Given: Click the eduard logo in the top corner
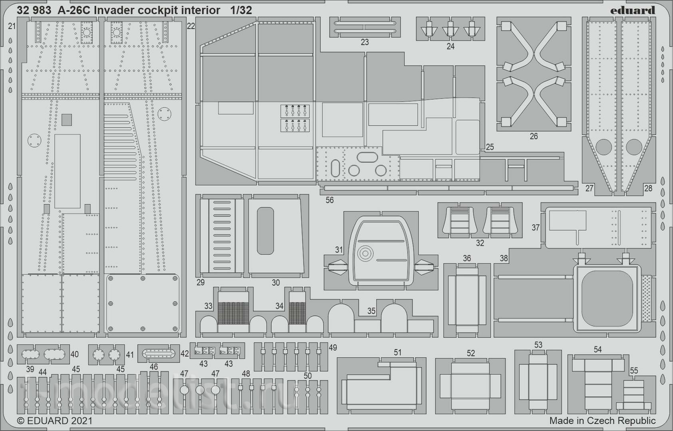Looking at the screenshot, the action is click(x=633, y=10).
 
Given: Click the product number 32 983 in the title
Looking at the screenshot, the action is click(x=34, y=10).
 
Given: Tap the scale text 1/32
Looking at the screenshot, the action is click(x=241, y=10).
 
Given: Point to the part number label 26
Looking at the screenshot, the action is click(x=534, y=136).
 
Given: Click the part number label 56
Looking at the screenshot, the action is click(x=330, y=200).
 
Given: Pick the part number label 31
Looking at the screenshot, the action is click(x=339, y=250).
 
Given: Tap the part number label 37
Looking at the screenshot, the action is click(x=536, y=227).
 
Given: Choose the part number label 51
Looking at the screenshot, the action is click(x=398, y=352).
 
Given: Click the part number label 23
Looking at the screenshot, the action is click(x=365, y=42).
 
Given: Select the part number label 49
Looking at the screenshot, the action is click(x=333, y=348).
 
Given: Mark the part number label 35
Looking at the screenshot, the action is click(x=371, y=311).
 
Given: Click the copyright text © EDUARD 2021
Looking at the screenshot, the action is click(x=55, y=421).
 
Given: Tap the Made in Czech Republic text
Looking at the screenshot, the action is click(x=602, y=421).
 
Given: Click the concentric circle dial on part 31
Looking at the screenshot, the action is click(x=365, y=254).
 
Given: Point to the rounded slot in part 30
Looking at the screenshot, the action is click(x=265, y=231).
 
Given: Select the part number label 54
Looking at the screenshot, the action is click(x=597, y=350).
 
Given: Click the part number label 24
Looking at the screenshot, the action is click(x=450, y=46).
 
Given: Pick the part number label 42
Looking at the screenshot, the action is click(x=185, y=354).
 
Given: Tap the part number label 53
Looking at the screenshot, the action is click(x=538, y=345).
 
